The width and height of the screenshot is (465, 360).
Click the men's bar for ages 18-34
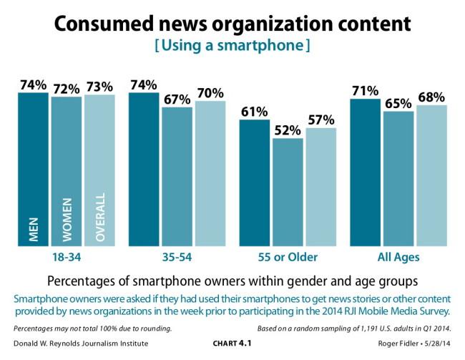click(x=34, y=169)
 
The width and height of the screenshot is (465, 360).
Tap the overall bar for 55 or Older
click(x=320, y=187)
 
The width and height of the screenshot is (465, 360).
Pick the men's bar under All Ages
click(x=365, y=172)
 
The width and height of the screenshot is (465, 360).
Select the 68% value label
click(x=431, y=97)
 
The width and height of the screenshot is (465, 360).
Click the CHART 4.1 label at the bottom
click(x=232, y=343)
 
